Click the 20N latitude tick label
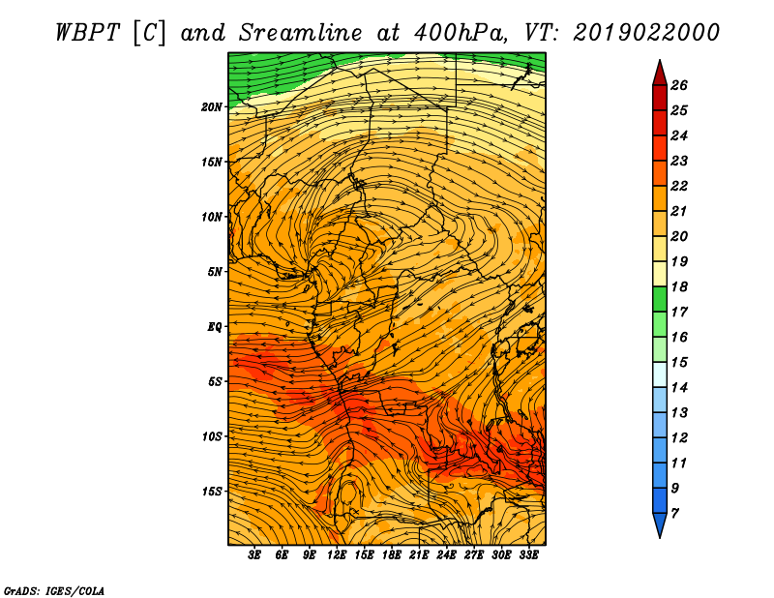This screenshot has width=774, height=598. coord(211,106)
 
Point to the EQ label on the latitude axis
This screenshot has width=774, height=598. coord(214,327)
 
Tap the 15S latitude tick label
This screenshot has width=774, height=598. coord(211,492)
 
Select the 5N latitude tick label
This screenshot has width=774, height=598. coord(215,272)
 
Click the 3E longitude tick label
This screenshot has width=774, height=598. coord(254,554)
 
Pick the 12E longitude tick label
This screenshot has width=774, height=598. coord(336,554)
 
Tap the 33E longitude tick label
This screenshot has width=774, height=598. coord(528,554)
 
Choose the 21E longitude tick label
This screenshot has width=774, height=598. coord(419,554)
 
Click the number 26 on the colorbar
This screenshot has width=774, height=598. coord(679,85)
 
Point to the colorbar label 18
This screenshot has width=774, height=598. coord(679,286)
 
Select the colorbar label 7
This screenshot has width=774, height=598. coord(674,513)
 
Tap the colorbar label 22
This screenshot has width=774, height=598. coord(679,186)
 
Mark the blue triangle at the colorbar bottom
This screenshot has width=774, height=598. coord(660,523)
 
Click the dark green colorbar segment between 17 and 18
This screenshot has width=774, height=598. coord(660,299)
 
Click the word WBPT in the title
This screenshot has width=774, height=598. coord(87,33)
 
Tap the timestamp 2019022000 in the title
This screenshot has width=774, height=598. coord(646,33)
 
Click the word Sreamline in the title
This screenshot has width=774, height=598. coord(301,33)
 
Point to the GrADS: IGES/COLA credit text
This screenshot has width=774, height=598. coord(54,590)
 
